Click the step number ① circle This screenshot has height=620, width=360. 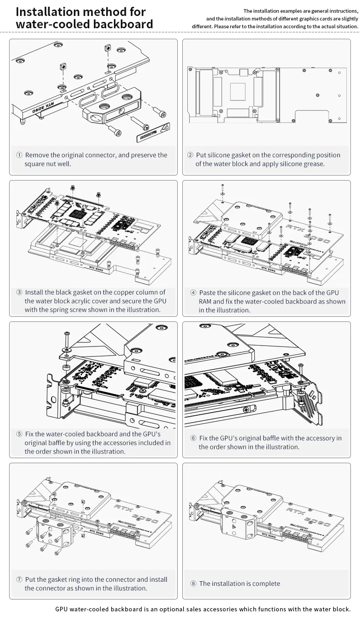(19, 155)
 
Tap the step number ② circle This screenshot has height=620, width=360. (190, 155)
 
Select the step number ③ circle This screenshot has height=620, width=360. (19, 292)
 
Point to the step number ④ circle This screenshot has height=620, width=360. (193, 292)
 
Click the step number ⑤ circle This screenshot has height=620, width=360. (19, 434)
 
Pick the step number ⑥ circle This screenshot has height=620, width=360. (193, 438)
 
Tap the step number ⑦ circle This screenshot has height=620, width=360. (19, 579)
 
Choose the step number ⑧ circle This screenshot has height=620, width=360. (193, 584)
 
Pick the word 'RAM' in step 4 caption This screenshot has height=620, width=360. (206, 301)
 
